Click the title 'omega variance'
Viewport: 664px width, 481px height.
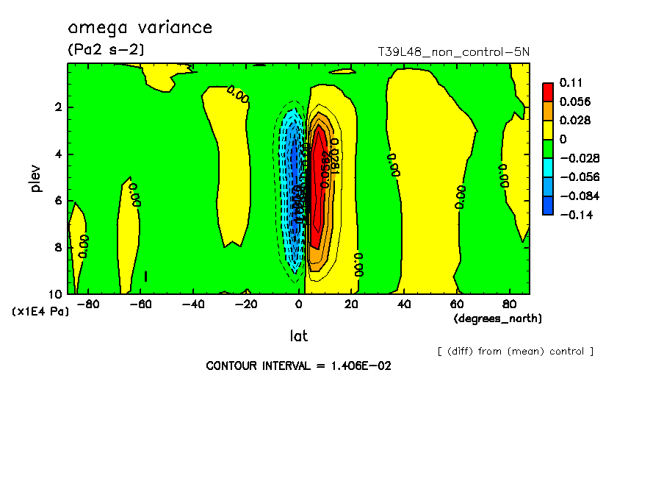click(x=140, y=28)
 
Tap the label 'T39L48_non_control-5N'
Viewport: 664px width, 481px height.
click(x=453, y=52)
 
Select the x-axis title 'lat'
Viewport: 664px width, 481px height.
click(x=298, y=336)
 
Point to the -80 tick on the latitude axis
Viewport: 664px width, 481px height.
click(x=88, y=303)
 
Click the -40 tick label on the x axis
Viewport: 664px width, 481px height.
click(x=193, y=303)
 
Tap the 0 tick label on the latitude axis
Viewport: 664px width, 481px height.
click(x=299, y=303)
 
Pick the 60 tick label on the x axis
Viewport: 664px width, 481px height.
click(x=457, y=303)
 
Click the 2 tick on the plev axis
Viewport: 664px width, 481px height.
click(x=58, y=107)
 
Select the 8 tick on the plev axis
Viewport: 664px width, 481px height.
click(x=58, y=247)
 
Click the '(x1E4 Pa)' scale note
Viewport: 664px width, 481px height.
click(x=40, y=312)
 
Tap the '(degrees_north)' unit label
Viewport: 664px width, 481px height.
click(x=498, y=318)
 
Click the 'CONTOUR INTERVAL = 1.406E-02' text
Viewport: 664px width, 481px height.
click(x=297, y=366)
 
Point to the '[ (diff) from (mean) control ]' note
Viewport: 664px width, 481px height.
click(x=515, y=352)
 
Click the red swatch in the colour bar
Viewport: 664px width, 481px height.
click(x=548, y=91)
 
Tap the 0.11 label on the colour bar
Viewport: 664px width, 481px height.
click(x=570, y=82)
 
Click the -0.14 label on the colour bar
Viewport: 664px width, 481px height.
click(x=575, y=215)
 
